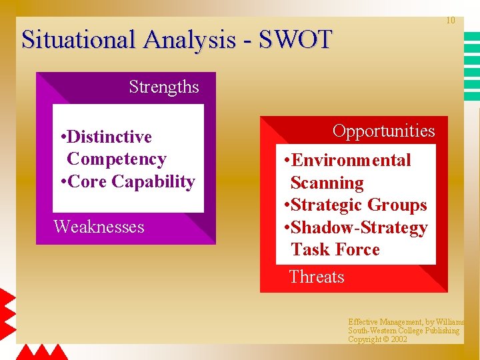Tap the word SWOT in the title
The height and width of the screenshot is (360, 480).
tap(295, 40)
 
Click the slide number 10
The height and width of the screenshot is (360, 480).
tap(451, 21)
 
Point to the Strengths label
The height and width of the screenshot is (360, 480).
tap(164, 87)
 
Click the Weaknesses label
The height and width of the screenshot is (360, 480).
tap(99, 227)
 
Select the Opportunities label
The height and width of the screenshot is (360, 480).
tap(383, 131)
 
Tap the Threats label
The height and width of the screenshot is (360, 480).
tap(317, 277)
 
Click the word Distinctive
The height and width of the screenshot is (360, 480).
tap(109, 137)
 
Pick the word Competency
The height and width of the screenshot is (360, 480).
tap(117, 159)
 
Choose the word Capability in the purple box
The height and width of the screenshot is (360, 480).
tap(153, 182)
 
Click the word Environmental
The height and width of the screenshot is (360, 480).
tap(351, 161)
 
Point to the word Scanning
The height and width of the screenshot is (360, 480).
tap(327, 183)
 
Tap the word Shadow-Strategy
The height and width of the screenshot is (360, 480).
tap(359, 228)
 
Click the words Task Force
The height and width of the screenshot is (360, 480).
tap(335, 250)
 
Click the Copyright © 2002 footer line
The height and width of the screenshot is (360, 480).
tap(377, 339)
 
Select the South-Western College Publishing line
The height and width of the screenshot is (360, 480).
tap(403, 331)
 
